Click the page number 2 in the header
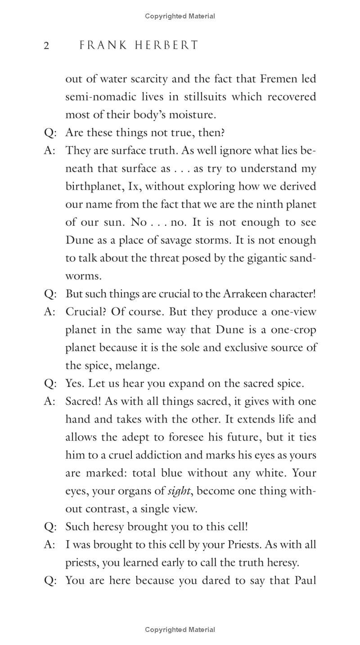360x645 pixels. (x=46, y=46)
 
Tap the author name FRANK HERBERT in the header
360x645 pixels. (x=139, y=45)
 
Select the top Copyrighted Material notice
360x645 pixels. (x=180, y=16)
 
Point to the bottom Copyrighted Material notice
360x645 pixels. (x=180, y=630)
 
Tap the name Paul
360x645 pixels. (x=306, y=581)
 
